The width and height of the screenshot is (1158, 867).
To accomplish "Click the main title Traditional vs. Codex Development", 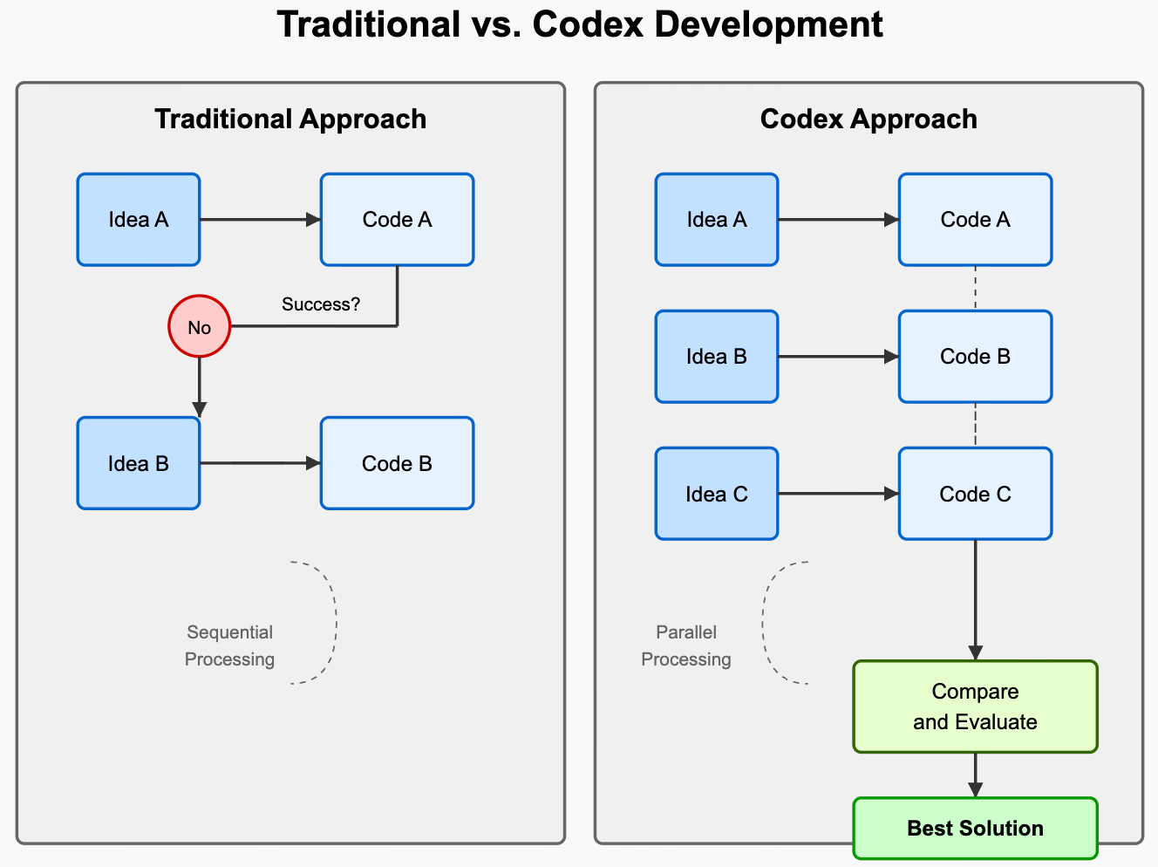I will [x=580, y=24].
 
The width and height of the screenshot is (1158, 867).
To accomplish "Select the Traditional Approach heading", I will [x=290, y=119].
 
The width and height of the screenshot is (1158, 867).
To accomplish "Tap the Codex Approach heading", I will [x=868, y=119].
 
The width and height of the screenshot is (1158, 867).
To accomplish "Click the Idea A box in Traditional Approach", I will [x=139, y=220].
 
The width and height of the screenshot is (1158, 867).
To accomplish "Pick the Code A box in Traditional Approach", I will [x=397, y=220].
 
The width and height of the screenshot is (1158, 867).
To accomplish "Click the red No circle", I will [x=200, y=327].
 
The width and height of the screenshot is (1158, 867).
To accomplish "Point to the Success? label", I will [x=320, y=304].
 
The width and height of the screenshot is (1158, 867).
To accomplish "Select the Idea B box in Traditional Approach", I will [x=139, y=463].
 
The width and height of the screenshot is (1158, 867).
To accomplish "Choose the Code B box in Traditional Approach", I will [x=397, y=463].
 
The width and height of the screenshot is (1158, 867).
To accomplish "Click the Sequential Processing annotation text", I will [x=229, y=645].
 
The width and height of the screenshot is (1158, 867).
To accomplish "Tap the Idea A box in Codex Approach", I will [x=717, y=220].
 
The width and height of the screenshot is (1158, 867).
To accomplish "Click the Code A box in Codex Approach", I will [x=975, y=220].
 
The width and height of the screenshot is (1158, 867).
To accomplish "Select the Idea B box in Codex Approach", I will [x=717, y=357].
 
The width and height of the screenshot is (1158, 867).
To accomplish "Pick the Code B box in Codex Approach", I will [x=975, y=357].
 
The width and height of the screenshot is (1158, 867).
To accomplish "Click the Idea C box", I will [x=717, y=494].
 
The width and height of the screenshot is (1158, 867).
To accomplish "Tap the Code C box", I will [x=975, y=494].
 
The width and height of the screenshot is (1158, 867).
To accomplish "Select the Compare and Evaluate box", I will [x=975, y=707].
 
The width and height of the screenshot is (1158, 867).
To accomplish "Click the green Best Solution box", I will [x=975, y=828].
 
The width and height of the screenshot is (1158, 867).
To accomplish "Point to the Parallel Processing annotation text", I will [x=686, y=645].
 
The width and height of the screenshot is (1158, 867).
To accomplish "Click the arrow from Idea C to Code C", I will [x=837, y=494].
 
